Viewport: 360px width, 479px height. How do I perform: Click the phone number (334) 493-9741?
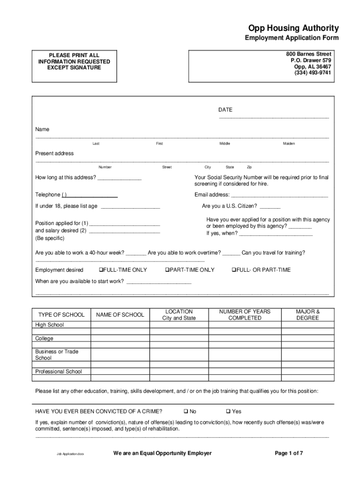pyautogui.click(x=312, y=73)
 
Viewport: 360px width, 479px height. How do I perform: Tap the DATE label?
pyautogui.click(x=225, y=110)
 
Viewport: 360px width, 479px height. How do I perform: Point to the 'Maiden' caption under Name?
pyautogui.click(x=288, y=144)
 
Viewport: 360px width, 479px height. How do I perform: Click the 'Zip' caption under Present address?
pyautogui.click(x=249, y=167)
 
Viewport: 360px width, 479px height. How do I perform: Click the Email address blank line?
pyautogui.click(x=280, y=196)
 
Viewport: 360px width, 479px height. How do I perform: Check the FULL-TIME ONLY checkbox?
pyautogui.click(x=100, y=270)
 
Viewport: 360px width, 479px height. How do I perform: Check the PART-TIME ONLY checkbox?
pyautogui.click(x=166, y=270)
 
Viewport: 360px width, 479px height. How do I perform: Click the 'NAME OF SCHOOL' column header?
pyautogui.click(x=120, y=315)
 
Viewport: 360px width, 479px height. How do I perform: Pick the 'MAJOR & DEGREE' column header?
pyautogui.click(x=307, y=315)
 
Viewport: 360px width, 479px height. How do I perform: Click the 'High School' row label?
pyautogui.click(x=50, y=325)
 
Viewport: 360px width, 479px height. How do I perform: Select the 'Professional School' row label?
pyautogui.click(x=58, y=371)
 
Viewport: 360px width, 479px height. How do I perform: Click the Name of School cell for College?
pyautogui.click(x=120, y=338)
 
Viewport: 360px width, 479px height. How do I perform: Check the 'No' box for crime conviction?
pyautogui.click(x=186, y=412)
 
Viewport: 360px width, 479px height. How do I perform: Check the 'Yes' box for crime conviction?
pyautogui.click(x=228, y=412)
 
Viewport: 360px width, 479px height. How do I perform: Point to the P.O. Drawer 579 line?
pyautogui.click(x=310, y=60)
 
